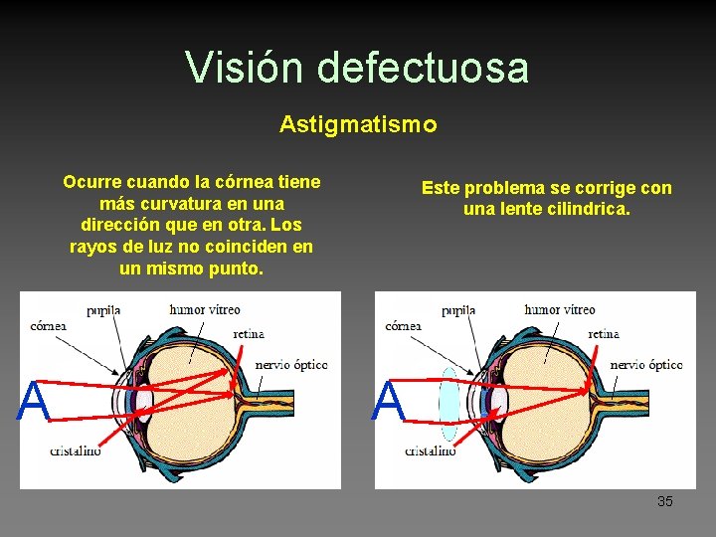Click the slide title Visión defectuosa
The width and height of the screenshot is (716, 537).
(357, 68)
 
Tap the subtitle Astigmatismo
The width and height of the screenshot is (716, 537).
(357, 124)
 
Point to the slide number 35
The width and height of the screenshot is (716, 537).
(664, 501)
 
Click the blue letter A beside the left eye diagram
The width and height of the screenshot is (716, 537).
(34, 403)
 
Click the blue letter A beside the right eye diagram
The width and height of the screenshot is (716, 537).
(389, 403)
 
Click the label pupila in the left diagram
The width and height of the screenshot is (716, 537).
(103, 310)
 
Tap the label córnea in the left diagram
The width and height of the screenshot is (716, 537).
(49, 325)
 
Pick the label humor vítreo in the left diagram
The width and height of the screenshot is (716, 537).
(205, 309)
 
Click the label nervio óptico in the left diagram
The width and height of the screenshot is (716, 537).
(291, 365)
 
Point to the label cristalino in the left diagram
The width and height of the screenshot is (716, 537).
(76, 450)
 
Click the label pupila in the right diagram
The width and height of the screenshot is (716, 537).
(458, 310)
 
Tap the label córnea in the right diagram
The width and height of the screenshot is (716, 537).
(403, 325)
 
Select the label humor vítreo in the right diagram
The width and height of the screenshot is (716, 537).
(560, 309)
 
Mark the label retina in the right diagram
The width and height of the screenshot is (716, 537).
(604, 334)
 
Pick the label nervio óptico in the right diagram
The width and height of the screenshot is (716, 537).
(646, 365)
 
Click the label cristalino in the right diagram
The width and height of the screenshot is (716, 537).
(431, 450)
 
